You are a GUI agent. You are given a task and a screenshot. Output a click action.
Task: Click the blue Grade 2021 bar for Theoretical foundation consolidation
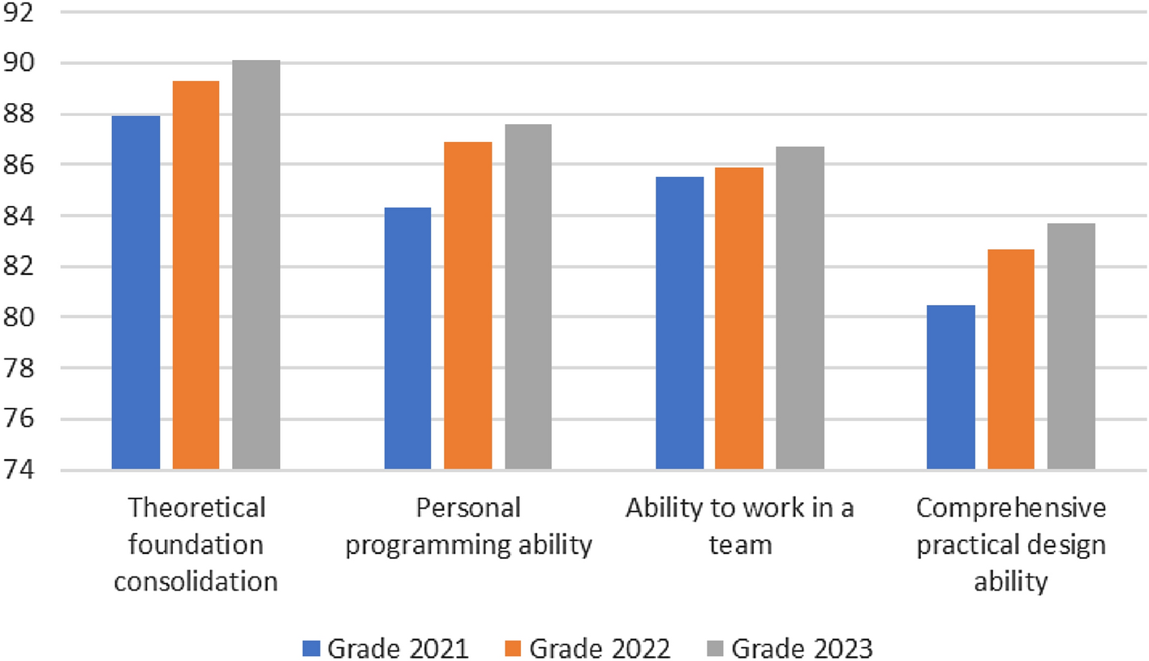click(136, 292)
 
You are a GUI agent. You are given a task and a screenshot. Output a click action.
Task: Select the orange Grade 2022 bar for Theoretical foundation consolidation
click(196, 275)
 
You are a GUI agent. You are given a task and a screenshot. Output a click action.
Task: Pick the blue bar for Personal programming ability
click(407, 338)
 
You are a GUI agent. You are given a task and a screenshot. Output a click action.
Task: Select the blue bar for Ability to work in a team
click(679, 323)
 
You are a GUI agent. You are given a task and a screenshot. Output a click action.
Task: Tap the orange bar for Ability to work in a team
click(739, 318)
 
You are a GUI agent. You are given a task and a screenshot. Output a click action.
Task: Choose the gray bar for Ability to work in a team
click(799, 307)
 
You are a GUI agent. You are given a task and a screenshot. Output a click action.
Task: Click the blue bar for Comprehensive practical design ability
click(950, 387)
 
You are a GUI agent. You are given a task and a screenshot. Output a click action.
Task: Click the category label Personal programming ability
click(467, 527)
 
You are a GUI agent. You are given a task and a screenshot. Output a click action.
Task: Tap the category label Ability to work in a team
click(739, 527)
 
